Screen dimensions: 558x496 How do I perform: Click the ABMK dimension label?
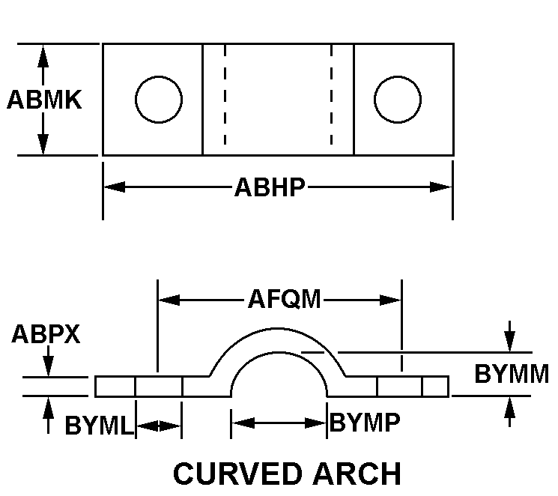coord(44,100)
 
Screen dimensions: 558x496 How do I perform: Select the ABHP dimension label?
coord(270,187)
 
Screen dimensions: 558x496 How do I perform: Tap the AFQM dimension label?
coord(285,299)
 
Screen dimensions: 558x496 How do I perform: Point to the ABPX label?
coord(46,334)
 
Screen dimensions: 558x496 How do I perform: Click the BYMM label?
coord(512,374)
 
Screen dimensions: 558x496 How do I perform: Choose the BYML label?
coord(99,425)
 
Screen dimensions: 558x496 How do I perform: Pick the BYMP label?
coord(365,423)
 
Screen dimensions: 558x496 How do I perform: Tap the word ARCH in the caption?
coord(357,474)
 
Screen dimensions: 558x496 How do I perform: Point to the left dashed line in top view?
coord(225,94)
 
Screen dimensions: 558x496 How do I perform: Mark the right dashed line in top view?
coord(331,94)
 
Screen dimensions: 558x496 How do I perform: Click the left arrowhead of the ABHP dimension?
coord(115,187)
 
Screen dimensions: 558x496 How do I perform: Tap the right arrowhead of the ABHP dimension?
coord(440,187)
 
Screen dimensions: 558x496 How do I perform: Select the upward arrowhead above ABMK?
coord(43,56)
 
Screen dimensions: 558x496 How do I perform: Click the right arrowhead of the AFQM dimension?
coord(390,300)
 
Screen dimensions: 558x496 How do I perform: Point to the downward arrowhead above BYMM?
coord(509,341)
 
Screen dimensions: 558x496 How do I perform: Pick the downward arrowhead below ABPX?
coord(48,366)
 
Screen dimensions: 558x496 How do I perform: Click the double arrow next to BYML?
coord(159,426)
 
